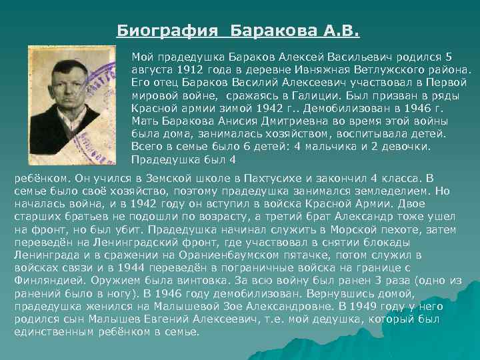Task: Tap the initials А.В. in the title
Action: pyautogui.click(x=341, y=31)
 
